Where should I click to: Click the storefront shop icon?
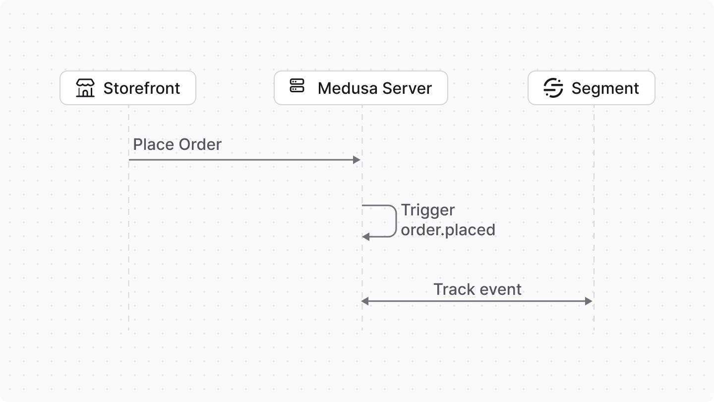click(85, 88)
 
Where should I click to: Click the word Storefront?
click(142, 88)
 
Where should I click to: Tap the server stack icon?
click(297, 86)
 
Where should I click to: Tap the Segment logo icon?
click(553, 88)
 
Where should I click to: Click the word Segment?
click(605, 88)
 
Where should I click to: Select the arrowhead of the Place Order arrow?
click(357, 160)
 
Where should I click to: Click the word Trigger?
click(428, 210)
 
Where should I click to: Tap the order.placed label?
click(448, 230)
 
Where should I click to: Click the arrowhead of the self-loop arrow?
click(366, 237)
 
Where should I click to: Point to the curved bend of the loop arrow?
click(396, 221)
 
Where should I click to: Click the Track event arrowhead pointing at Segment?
click(589, 301)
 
